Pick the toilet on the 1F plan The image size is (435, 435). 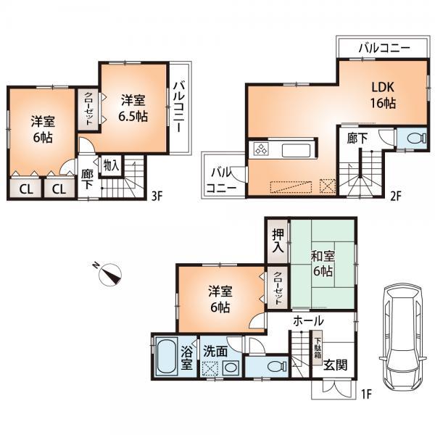pos(269,367)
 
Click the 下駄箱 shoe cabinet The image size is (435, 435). pos(318,340)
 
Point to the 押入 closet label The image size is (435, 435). pos(277,241)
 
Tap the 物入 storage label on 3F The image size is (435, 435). pos(111,166)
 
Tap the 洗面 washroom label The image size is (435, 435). pos(215,349)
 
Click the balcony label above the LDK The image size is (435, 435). pos(384,48)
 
